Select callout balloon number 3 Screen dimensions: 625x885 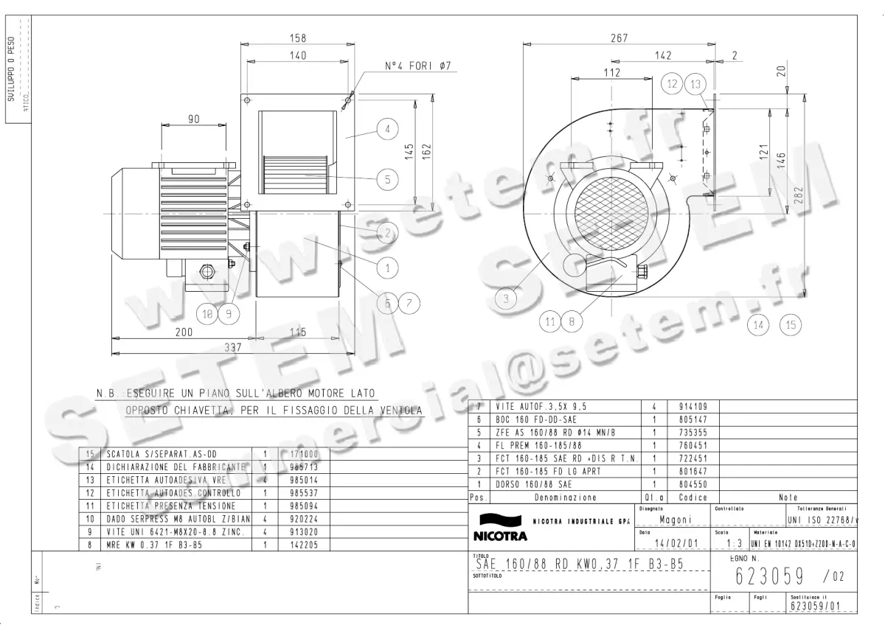click(506, 298)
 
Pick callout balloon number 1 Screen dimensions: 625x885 click(386, 268)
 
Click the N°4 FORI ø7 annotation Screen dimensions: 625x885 click(418, 66)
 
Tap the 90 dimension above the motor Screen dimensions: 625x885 click(194, 119)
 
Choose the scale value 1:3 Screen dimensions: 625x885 click(734, 544)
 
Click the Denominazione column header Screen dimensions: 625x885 click(565, 497)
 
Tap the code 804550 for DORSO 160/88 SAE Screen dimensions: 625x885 click(693, 484)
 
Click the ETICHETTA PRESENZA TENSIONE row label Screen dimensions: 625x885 click(171, 506)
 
